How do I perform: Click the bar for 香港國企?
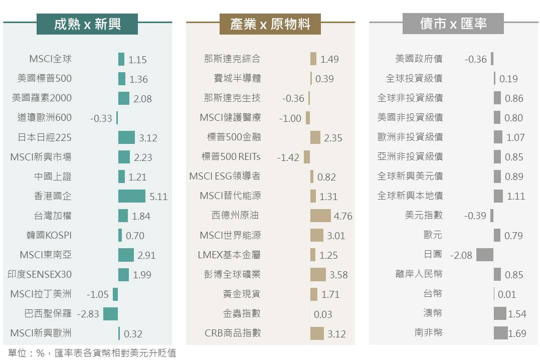(x=132, y=196)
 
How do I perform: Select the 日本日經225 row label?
(x=44, y=137)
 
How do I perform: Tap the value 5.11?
(x=158, y=197)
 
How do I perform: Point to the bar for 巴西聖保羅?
(x=110, y=314)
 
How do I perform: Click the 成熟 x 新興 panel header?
(x=87, y=24)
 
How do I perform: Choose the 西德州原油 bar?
(x=320, y=216)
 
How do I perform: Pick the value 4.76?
(x=343, y=217)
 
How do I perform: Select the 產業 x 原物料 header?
(x=270, y=24)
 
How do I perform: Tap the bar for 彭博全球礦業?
(x=318, y=274)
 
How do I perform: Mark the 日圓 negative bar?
(x=485, y=255)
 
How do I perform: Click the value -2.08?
(x=461, y=255)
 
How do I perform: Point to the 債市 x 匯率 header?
(x=453, y=24)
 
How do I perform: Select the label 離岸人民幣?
(x=419, y=274)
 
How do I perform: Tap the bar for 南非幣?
(x=500, y=333)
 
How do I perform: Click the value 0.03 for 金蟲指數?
(x=323, y=314)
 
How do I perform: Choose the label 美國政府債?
(x=419, y=59)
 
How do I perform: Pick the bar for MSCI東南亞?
(x=126, y=255)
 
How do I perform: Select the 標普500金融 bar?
(x=315, y=137)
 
